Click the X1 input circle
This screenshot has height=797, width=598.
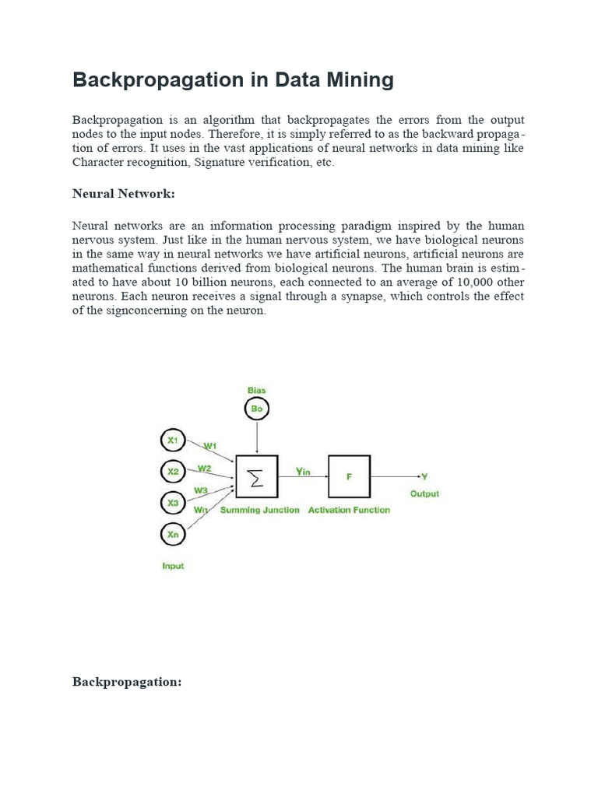point(172,441)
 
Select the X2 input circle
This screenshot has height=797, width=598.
point(172,472)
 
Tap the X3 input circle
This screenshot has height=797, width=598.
point(172,503)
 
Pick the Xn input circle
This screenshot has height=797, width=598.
point(172,534)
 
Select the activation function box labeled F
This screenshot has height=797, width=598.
point(349,476)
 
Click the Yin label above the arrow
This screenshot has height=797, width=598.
point(304,470)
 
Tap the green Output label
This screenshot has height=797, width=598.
point(424,493)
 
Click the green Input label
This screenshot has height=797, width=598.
point(173,566)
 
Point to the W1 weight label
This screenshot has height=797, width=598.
point(210,445)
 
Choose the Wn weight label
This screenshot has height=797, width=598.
point(201,509)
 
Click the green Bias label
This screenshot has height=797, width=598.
point(256,389)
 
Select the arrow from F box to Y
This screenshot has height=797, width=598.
point(395,476)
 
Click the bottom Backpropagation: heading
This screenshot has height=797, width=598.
point(127,682)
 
